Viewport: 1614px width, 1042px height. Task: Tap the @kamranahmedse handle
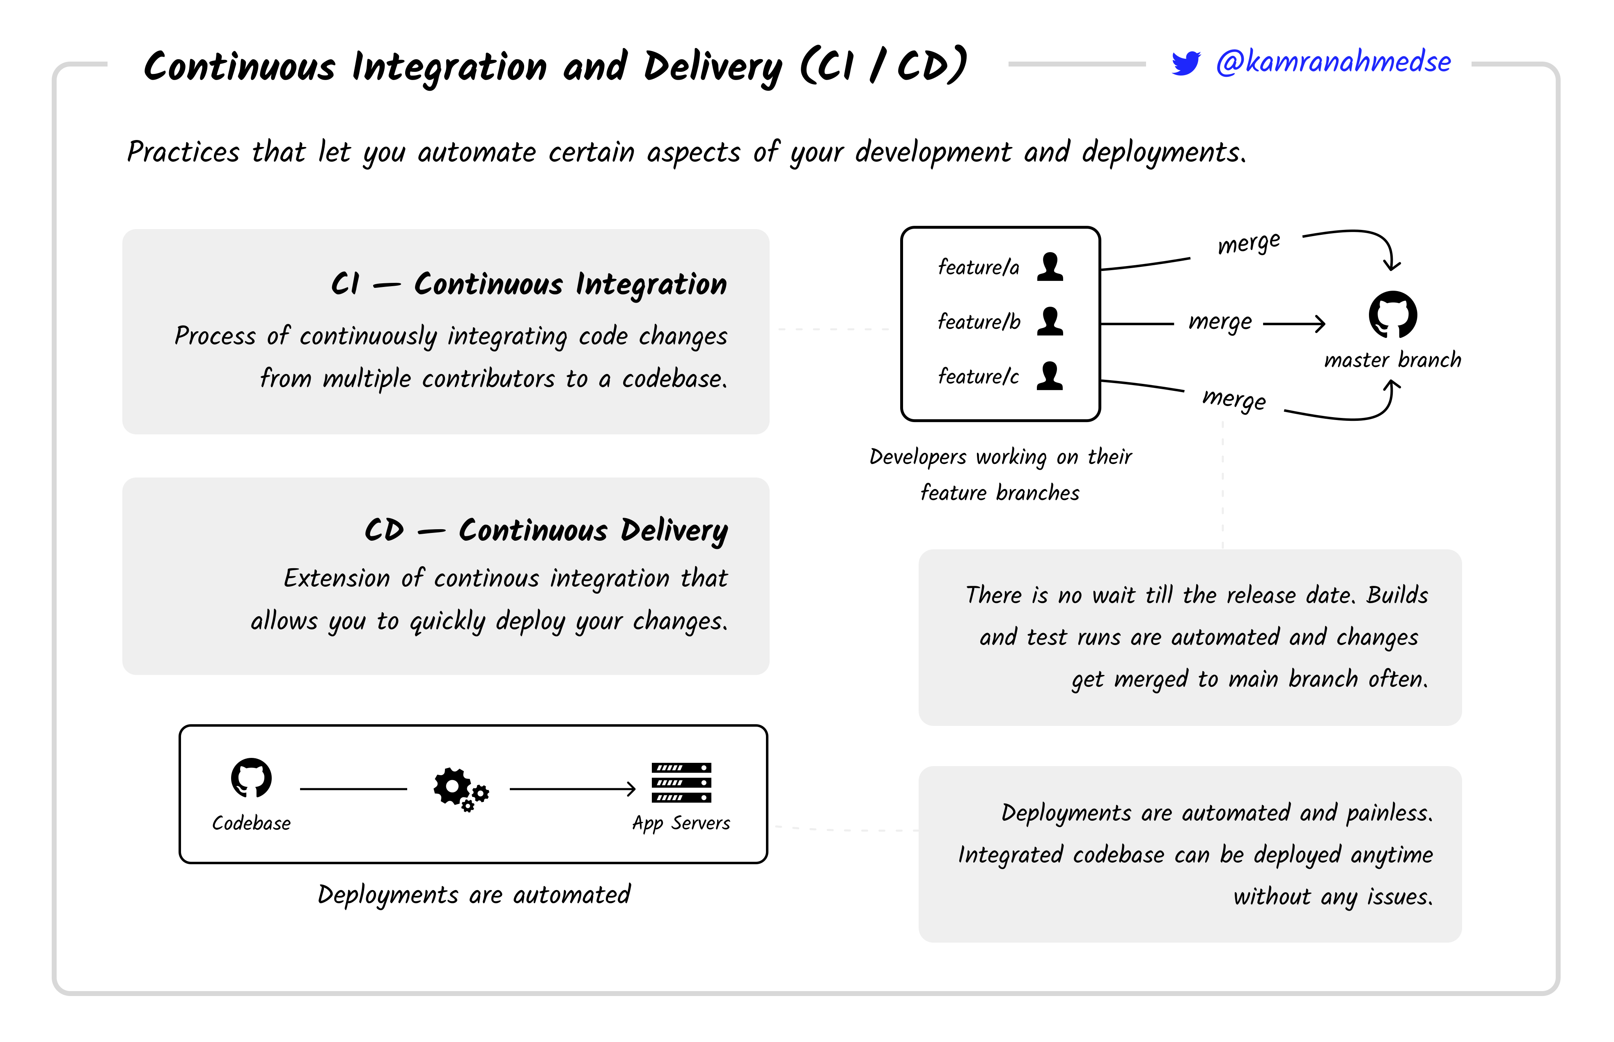pyautogui.click(x=1332, y=62)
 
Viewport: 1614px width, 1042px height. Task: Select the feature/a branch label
pyautogui.click(x=978, y=267)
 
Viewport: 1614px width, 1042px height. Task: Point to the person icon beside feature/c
pyautogui.click(x=1050, y=376)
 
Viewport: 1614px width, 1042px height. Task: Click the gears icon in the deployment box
pyautogui.click(x=461, y=789)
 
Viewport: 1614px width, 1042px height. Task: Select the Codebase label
pyautogui.click(x=251, y=824)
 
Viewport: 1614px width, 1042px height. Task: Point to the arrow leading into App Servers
pyautogui.click(x=572, y=789)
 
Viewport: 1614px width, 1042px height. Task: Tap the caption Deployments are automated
pyautogui.click(x=474, y=895)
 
